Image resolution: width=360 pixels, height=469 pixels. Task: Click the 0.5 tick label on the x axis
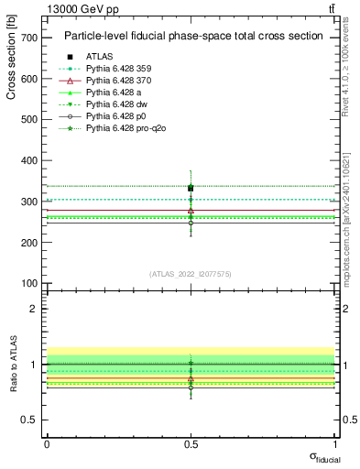[x=191, y=444]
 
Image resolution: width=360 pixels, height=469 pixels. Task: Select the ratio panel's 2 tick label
[x=34, y=309]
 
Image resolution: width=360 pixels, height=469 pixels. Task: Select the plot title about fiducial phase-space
[x=192, y=37]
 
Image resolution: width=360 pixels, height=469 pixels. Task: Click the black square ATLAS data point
[x=191, y=188]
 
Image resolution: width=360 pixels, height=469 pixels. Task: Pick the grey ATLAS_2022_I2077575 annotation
[x=191, y=274]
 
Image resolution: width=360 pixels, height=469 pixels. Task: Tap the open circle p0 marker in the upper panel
[x=191, y=223]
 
